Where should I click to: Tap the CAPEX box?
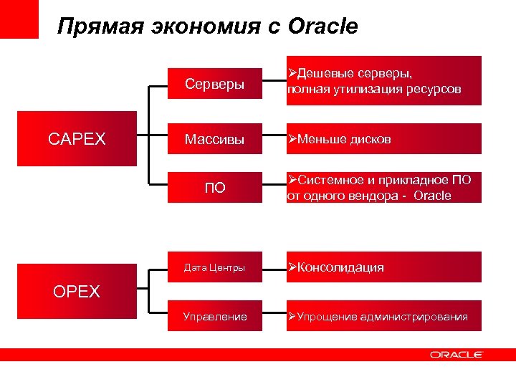point(77,138)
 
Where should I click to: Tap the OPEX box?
point(77,291)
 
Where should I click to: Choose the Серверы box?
point(214,84)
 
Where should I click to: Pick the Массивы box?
point(214,138)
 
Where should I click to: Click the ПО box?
point(214,188)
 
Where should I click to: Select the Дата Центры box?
point(214,267)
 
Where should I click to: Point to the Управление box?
point(214,316)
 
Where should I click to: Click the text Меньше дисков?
point(344,139)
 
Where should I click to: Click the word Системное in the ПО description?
point(330,180)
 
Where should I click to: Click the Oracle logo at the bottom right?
point(457,355)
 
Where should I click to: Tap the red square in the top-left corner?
point(19,19)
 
